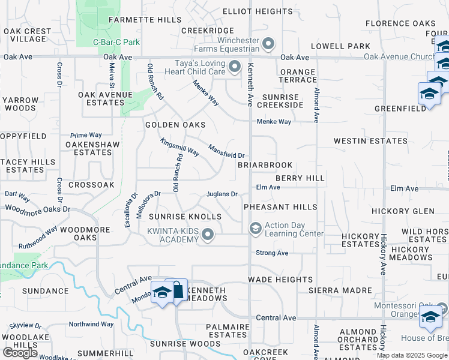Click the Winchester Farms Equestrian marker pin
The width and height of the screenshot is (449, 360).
(x=268, y=44)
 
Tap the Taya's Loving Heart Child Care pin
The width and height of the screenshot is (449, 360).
(x=234, y=67)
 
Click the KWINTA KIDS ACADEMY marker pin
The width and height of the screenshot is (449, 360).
(x=208, y=235)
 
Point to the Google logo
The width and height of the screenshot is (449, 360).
(x=20, y=353)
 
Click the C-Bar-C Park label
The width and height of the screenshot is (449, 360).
(x=116, y=42)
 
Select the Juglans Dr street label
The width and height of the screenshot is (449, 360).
(x=223, y=194)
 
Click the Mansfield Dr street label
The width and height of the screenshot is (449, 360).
(x=226, y=151)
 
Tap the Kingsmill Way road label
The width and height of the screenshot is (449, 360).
(x=179, y=147)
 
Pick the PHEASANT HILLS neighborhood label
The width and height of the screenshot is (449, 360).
(x=280, y=207)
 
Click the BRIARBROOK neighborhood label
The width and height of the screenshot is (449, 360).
(x=265, y=165)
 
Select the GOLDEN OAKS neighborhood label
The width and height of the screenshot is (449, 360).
(x=175, y=125)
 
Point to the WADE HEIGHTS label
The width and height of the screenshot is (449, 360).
(x=280, y=280)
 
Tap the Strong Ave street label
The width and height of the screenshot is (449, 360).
(x=272, y=253)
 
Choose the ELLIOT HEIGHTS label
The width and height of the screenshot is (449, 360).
(x=257, y=11)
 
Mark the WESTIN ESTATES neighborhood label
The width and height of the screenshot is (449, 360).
(x=370, y=141)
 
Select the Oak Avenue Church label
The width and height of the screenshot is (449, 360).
(x=399, y=57)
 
